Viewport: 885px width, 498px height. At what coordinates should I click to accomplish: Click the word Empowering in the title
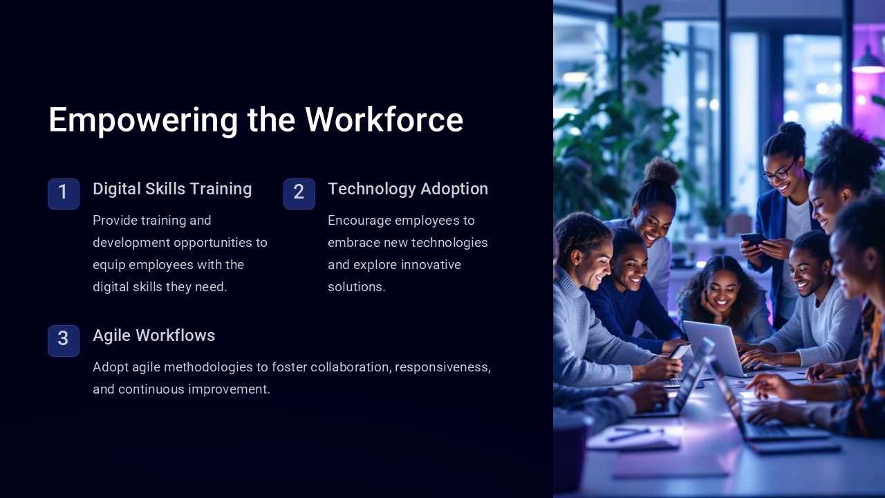tap(143, 120)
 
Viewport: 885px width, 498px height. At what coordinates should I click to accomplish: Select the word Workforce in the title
tap(384, 120)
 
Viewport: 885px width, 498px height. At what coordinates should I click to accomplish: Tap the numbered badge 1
tap(64, 193)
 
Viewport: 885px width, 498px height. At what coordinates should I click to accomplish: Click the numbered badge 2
tap(299, 193)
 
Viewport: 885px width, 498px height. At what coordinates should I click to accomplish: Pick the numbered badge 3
tap(64, 340)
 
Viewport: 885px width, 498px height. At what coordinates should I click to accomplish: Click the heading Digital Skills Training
tap(172, 189)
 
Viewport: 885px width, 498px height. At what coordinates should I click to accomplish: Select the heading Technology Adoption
tap(408, 189)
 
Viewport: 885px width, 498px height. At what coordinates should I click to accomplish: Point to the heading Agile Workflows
tap(153, 335)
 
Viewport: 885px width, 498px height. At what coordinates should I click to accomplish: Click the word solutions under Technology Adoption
tap(356, 287)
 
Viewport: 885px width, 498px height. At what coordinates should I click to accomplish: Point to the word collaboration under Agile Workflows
tap(351, 367)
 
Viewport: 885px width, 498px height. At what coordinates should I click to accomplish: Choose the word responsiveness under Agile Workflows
tap(442, 367)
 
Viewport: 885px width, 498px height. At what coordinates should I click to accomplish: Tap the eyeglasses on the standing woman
tap(779, 171)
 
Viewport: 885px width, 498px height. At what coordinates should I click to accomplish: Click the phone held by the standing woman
tap(752, 239)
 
